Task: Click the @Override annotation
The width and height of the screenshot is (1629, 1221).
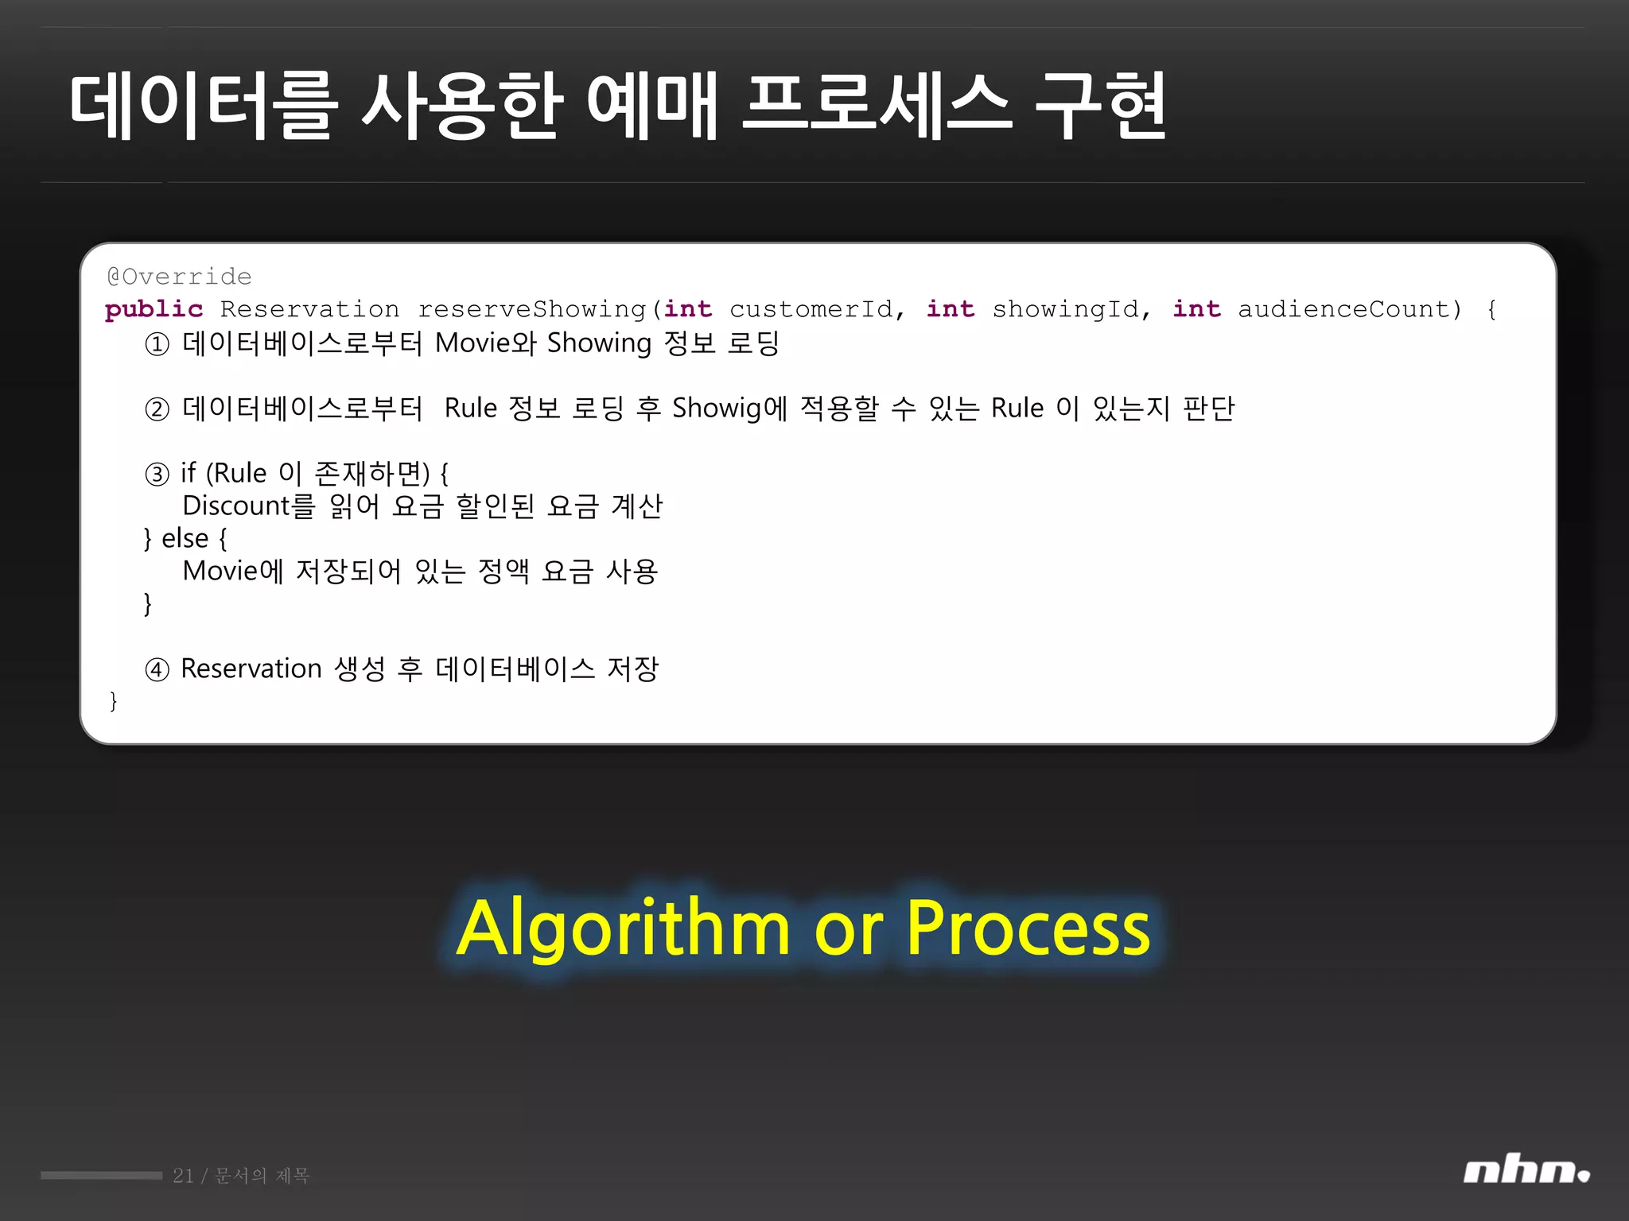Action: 179,277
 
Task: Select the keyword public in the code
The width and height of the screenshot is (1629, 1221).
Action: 154,309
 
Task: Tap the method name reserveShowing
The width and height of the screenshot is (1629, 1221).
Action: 531,309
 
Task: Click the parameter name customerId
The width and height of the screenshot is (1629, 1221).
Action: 811,309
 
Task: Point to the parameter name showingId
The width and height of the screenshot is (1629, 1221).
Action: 1065,309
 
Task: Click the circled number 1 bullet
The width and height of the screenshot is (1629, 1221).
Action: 157,344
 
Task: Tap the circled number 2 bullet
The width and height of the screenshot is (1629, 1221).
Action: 157,409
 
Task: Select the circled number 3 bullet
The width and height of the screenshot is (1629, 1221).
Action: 157,475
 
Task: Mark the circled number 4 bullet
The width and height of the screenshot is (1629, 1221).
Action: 157,670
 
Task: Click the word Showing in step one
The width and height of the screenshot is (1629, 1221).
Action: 599,343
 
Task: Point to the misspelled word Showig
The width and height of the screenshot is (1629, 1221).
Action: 717,409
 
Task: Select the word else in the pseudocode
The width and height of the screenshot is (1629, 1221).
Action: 185,539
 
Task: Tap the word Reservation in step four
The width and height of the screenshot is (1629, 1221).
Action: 251,669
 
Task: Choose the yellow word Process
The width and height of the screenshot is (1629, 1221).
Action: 1028,928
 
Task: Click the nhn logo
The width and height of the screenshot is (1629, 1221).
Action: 1526,1172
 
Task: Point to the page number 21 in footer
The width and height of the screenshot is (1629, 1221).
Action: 183,1176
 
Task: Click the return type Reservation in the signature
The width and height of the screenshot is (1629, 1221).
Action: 309,309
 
